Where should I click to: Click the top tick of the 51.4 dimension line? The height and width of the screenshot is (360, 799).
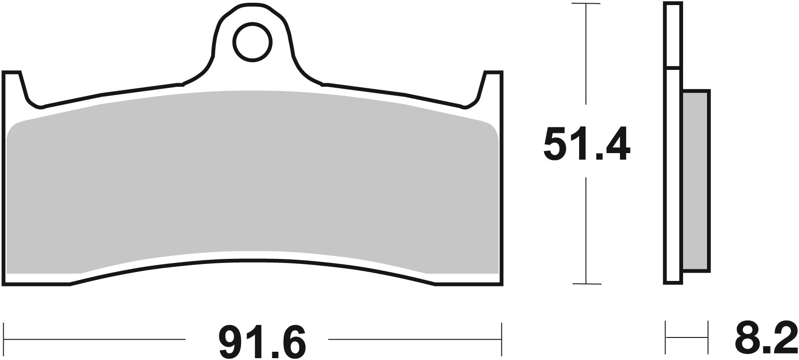(586, 5)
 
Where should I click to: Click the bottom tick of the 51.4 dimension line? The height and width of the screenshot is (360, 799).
(586, 284)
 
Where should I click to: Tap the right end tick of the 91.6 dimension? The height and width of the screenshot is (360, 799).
(502, 339)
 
